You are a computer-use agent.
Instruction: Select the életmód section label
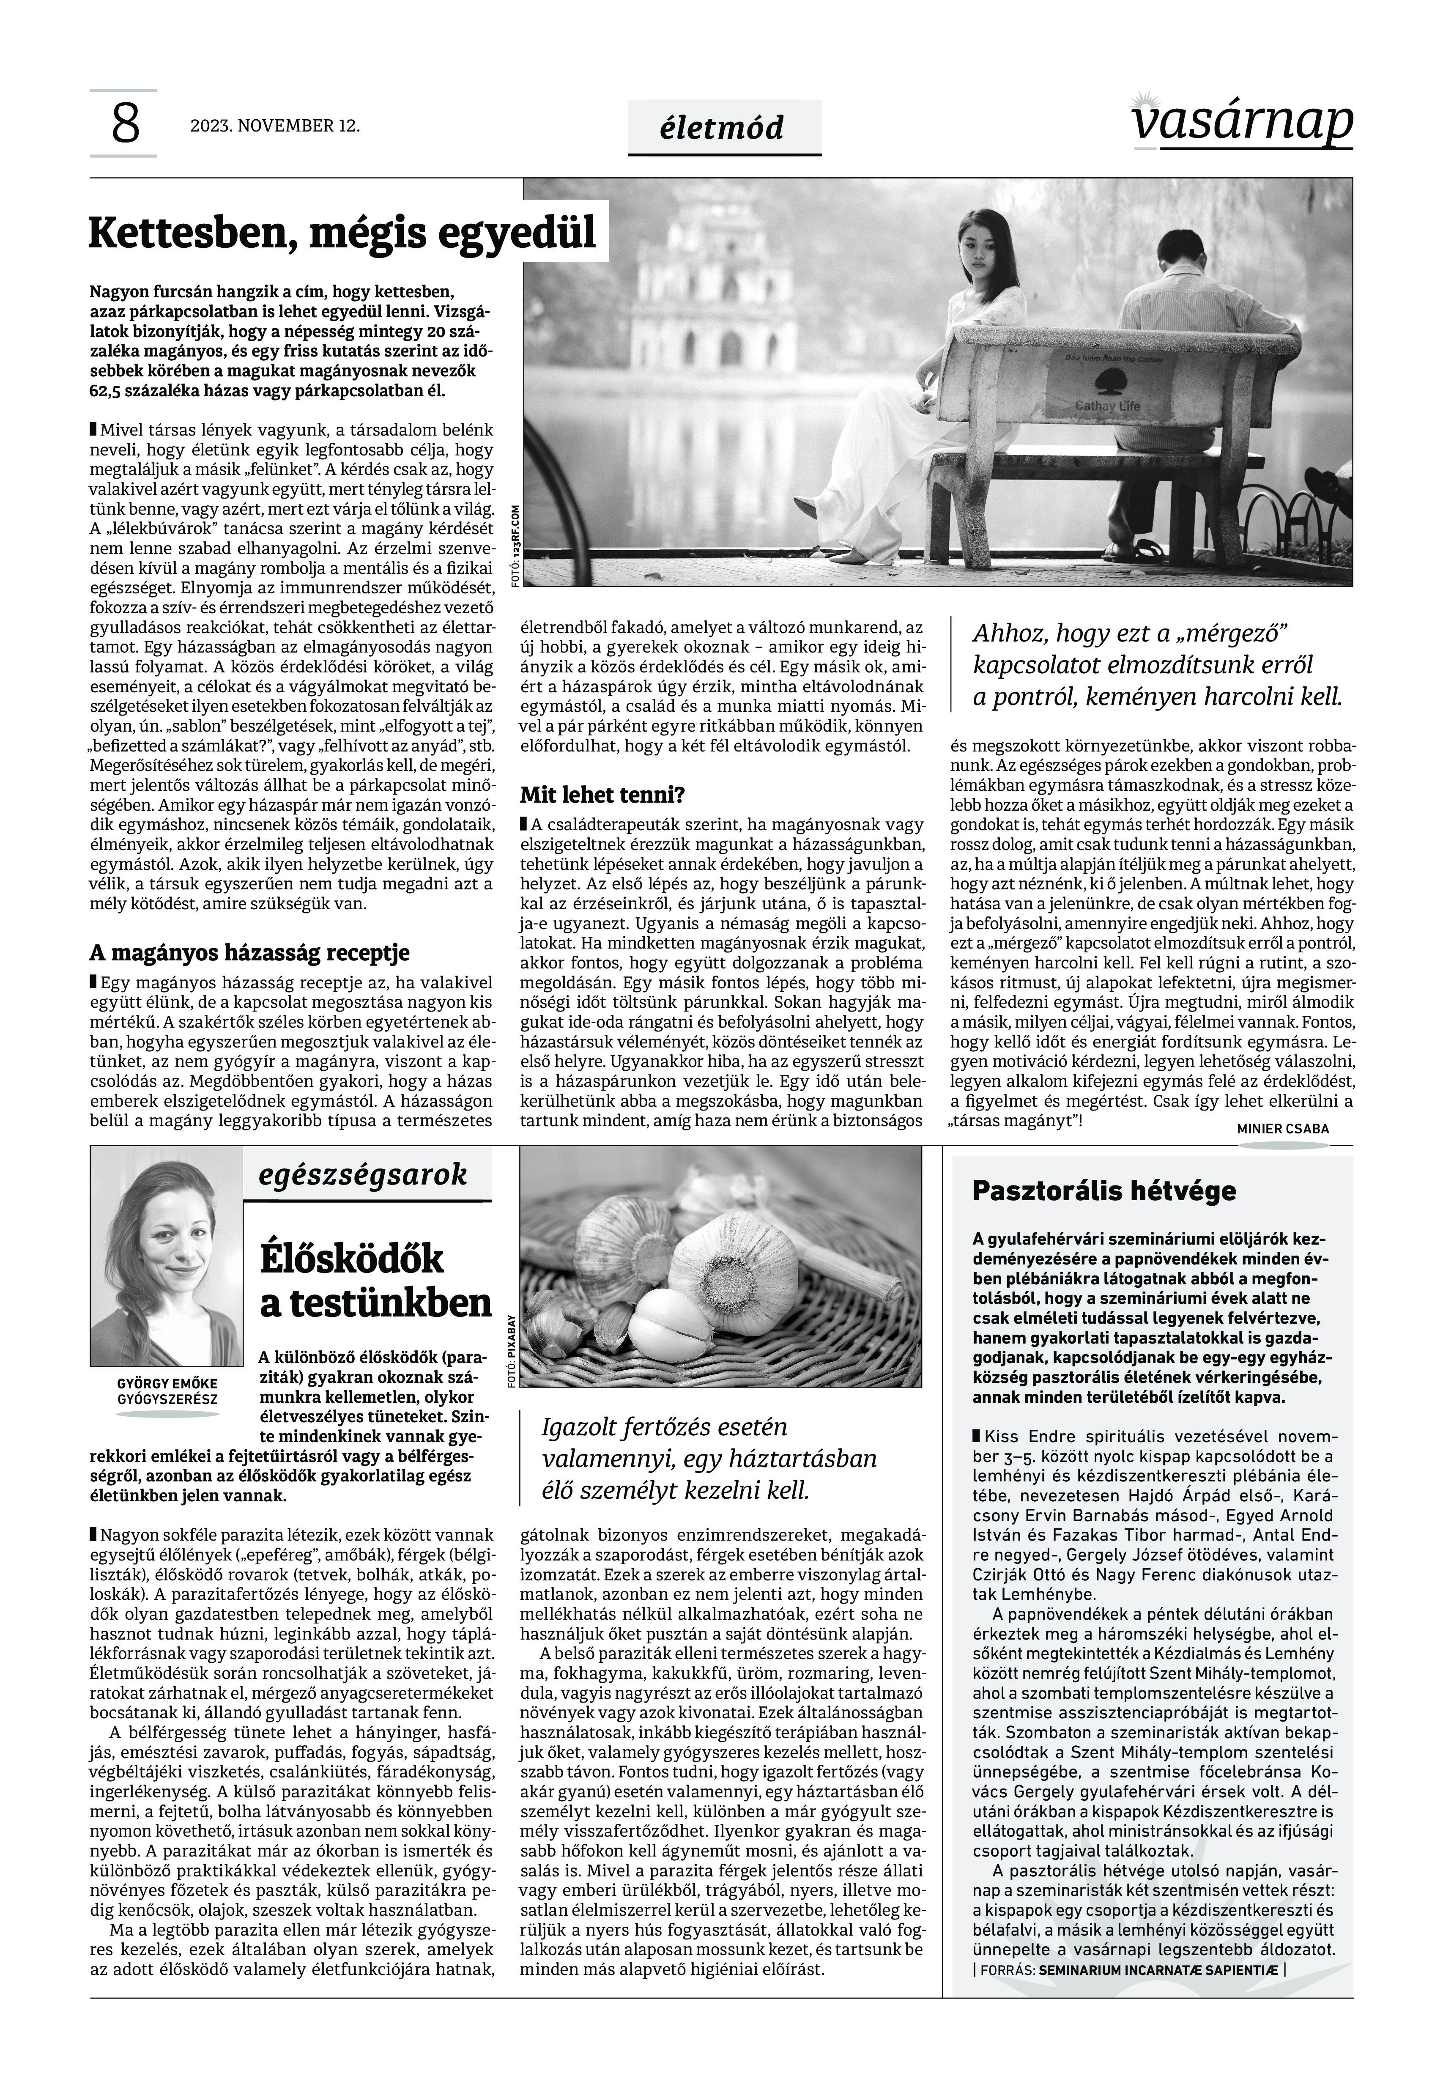tap(723, 128)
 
